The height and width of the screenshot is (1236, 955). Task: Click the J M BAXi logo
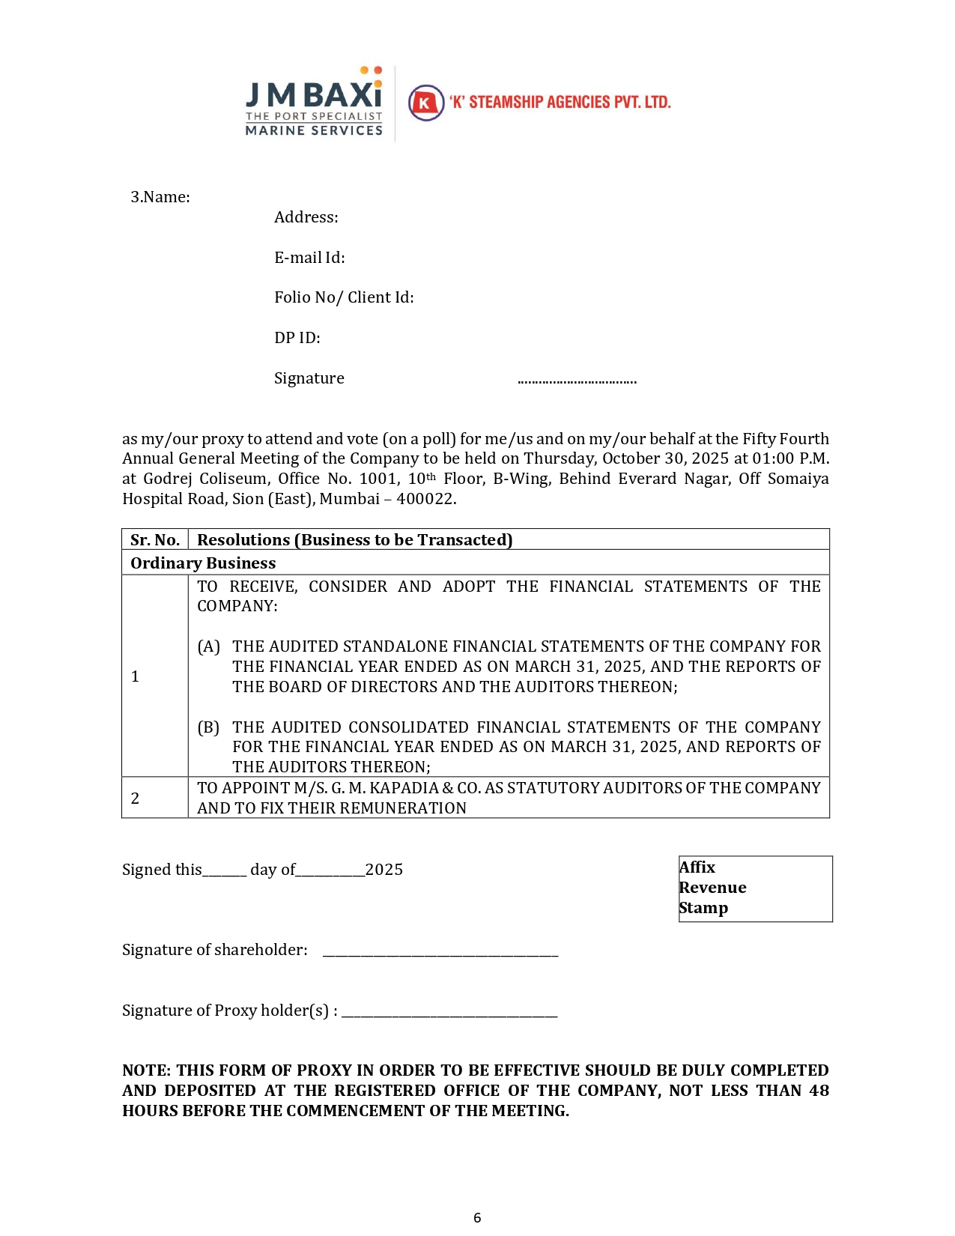pyautogui.click(x=314, y=101)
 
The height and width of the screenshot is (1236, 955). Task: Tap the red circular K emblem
pyautogui.click(x=425, y=103)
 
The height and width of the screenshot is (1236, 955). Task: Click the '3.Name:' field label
pyautogui.click(x=160, y=197)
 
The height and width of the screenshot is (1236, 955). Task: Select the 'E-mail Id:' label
pyautogui.click(x=309, y=258)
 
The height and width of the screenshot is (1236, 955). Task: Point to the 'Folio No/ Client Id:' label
pyautogui.click(x=344, y=297)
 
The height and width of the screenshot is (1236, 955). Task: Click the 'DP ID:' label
pyautogui.click(x=297, y=338)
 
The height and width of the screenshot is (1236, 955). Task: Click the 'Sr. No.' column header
pyautogui.click(x=155, y=540)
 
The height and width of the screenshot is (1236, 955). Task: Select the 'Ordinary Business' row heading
pyautogui.click(x=203, y=563)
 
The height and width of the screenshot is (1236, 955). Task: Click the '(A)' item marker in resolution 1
pyautogui.click(x=208, y=646)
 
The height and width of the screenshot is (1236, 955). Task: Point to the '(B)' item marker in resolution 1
pyautogui.click(x=208, y=727)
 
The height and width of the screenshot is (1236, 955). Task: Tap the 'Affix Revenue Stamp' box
pyautogui.click(x=755, y=888)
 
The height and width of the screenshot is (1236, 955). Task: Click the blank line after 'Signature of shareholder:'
pyautogui.click(x=440, y=953)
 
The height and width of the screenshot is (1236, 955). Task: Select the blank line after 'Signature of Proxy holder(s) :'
pyautogui.click(x=449, y=1014)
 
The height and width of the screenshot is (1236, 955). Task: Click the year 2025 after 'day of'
pyautogui.click(x=384, y=870)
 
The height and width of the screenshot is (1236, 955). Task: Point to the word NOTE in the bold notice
pyautogui.click(x=145, y=1070)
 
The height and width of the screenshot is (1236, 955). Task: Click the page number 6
pyautogui.click(x=477, y=1217)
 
